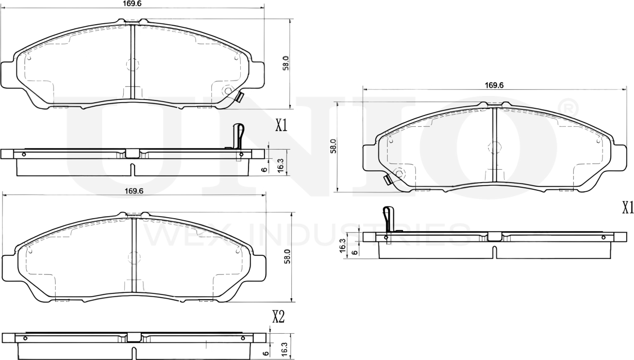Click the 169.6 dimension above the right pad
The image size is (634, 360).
(x=493, y=86)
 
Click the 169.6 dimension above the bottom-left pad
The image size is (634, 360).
(x=134, y=191)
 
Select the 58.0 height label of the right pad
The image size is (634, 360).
(x=333, y=146)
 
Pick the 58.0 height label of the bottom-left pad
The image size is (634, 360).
(x=288, y=256)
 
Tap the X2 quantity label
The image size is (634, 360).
(x=278, y=317)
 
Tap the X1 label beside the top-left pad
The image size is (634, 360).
(x=281, y=125)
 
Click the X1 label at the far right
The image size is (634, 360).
(x=627, y=208)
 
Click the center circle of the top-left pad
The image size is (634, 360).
(x=132, y=65)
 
